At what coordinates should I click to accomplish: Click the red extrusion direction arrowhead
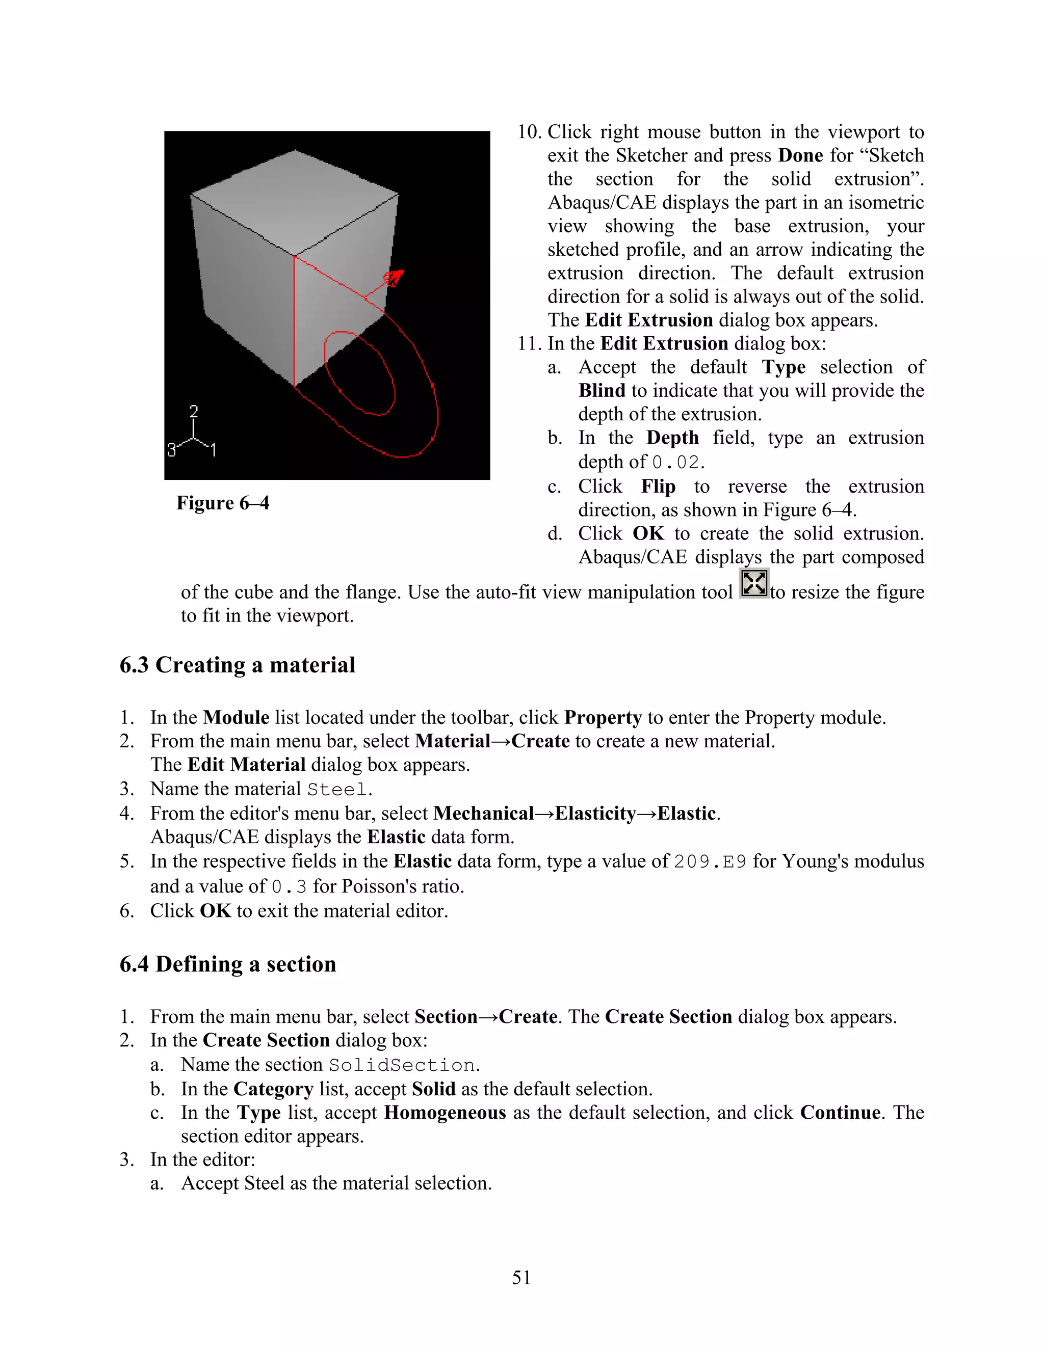pyautogui.click(x=394, y=278)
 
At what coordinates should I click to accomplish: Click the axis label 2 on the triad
pyautogui.click(x=194, y=412)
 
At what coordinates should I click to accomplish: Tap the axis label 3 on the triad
pyautogui.click(x=171, y=449)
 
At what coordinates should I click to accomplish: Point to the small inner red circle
pyautogui.click(x=359, y=373)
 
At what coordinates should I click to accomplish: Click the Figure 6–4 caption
pyautogui.click(x=223, y=502)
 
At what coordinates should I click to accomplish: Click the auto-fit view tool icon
pyautogui.click(x=754, y=583)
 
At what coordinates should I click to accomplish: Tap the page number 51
pyautogui.click(x=521, y=1277)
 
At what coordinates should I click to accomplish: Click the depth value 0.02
pyautogui.click(x=677, y=463)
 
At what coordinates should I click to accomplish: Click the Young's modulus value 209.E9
pyautogui.click(x=710, y=861)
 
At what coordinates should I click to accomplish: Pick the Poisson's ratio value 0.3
pyautogui.click(x=289, y=887)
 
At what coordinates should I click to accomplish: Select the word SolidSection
pyautogui.click(x=402, y=1065)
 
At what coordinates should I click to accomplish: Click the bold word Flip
pyautogui.click(x=658, y=487)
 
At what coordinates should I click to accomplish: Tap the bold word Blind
pyautogui.click(x=602, y=391)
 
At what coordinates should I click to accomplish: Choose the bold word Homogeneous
pyautogui.click(x=445, y=1113)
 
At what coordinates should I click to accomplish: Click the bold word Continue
pyautogui.click(x=840, y=1113)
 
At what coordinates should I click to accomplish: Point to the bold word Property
pyautogui.click(x=603, y=718)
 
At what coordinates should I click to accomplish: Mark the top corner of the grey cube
pyautogui.click(x=295, y=150)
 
